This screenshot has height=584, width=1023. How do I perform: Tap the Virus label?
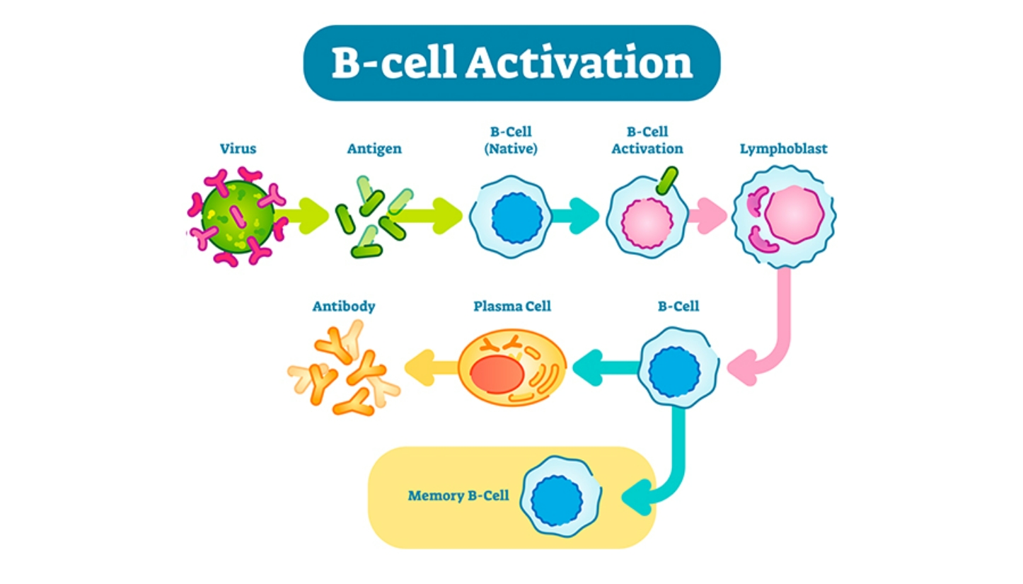click(238, 149)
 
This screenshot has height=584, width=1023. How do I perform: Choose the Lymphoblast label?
click(783, 149)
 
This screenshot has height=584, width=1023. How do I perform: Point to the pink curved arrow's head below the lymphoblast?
click(740, 367)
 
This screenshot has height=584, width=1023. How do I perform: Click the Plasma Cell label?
click(512, 307)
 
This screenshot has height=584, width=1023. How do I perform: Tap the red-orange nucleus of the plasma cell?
click(493, 373)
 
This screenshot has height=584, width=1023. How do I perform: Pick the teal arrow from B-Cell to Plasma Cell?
click(604, 367)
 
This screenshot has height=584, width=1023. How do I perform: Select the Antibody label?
click(344, 307)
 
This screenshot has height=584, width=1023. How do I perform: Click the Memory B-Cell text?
click(458, 496)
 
